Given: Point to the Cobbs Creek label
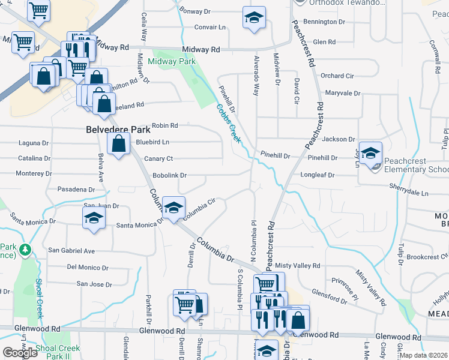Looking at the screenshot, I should [229, 124].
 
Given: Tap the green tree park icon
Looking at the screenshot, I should [25, 249].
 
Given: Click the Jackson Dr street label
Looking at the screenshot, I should [339, 139].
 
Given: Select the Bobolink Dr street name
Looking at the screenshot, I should [170, 175].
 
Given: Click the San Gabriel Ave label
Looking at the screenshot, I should [71, 250].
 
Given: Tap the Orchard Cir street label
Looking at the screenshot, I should [337, 76].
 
